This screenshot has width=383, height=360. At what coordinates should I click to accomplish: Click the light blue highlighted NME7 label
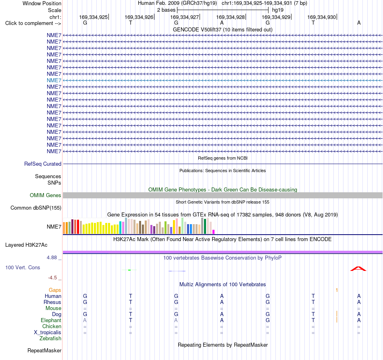point(54,80)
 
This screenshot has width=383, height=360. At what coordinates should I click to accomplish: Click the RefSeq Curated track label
point(43,164)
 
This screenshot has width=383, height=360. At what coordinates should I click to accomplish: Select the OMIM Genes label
point(46,196)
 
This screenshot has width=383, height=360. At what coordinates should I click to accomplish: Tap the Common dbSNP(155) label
point(36,208)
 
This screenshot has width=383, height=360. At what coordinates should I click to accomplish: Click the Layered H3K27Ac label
point(26,245)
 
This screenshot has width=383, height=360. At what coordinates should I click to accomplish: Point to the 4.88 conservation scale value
point(52,258)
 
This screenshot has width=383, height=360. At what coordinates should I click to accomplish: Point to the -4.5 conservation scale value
point(52,278)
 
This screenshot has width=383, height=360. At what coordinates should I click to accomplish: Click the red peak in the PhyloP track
point(358,269)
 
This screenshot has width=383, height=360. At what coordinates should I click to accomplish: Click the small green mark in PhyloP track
point(129,270)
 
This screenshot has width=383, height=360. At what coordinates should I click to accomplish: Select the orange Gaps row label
point(55,290)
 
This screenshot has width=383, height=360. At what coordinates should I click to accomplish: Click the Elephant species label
point(51,320)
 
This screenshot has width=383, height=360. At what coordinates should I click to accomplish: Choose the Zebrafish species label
point(50,339)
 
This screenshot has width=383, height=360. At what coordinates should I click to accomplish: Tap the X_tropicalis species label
point(48,333)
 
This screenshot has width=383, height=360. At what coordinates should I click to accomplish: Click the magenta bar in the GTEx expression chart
point(214,232)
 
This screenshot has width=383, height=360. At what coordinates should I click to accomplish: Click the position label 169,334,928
point(230,17)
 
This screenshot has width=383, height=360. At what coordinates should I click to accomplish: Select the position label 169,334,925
point(93,17)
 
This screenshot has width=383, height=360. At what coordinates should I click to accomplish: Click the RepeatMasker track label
point(44,351)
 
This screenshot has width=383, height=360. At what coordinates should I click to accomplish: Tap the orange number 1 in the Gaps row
point(337,290)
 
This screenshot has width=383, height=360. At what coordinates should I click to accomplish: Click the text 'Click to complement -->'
point(33,23)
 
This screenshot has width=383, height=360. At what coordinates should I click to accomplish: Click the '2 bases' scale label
point(167,10)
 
